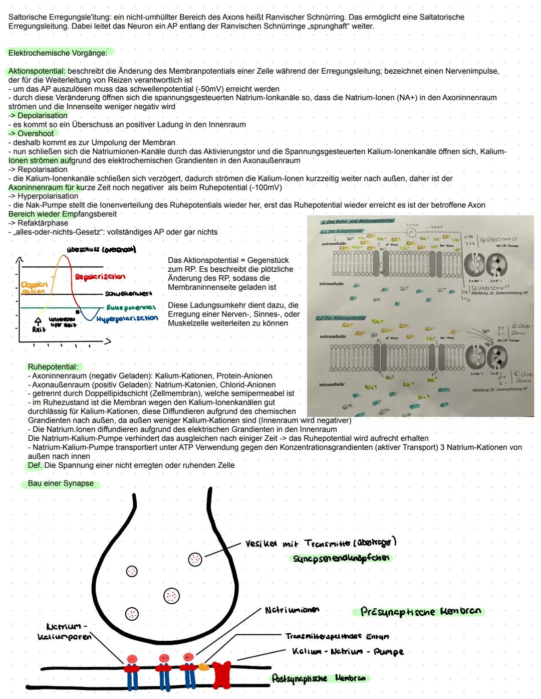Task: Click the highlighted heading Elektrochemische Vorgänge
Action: coord(58,53)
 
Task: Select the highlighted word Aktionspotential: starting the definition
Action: coord(37,71)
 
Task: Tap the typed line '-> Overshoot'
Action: coord(31,133)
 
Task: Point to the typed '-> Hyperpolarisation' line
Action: coord(44,196)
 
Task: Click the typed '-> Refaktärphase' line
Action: coord(39,223)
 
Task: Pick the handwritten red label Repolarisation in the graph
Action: coord(100,277)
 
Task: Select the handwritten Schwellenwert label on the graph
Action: coord(128,293)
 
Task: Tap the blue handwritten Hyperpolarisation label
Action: coord(127,318)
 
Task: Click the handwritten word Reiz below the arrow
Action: coord(39,329)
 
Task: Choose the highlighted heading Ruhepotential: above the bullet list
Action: coord(53,367)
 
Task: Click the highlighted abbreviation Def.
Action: coord(35,465)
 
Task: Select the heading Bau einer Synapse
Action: coord(61,484)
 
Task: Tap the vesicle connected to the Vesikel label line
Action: coord(195,559)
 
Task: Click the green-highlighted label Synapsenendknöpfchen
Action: coord(341,558)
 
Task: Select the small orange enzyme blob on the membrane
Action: coord(203,667)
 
